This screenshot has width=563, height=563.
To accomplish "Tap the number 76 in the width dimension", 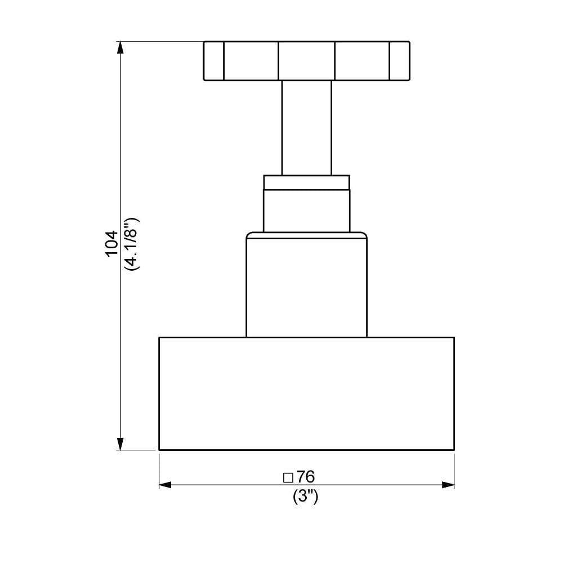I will click(x=306, y=477).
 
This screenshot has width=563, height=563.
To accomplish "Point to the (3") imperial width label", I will click(x=306, y=497).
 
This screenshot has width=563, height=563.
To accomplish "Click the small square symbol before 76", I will click(x=288, y=478).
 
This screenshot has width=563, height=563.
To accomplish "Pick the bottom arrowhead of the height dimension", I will click(x=119, y=444).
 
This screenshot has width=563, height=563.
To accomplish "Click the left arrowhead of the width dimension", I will click(x=165, y=485).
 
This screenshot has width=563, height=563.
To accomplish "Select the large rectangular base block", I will click(x=306, y=394).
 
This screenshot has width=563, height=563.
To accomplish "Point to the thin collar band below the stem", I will click(x=306, y=182).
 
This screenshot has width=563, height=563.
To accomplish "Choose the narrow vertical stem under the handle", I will click(x=306, y=127).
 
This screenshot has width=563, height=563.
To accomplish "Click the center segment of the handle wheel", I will click(x=306, y=61).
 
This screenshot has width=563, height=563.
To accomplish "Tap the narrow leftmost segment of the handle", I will click(x=213, y=61).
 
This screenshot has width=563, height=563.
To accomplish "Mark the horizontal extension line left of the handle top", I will click(x=160, y=41).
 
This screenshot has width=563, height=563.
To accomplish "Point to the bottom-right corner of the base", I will click(x=454, y=450).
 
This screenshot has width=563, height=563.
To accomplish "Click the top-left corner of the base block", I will click(x=159, y=337).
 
